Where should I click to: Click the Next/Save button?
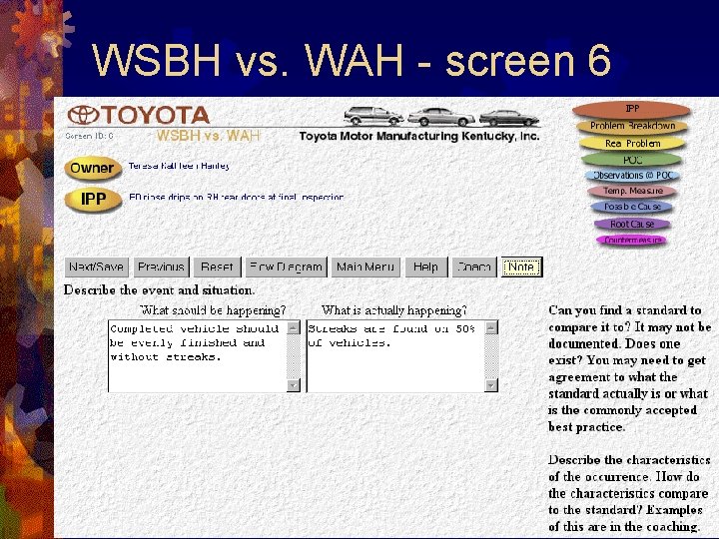click(x=97, y=268)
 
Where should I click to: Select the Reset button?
click(x=217, y=268)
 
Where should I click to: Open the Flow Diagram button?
click(x=286, y=268)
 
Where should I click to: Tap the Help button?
click(x=425, y=268)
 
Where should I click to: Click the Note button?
click(x=520, y=268)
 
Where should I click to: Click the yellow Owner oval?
click(x=92, y=169)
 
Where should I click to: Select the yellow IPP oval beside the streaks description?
click(x=92, y=200)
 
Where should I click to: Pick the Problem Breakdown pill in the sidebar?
click(x=632, y=126)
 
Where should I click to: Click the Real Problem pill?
click(x=632, y=143)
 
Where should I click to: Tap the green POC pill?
click(x=632, y=160)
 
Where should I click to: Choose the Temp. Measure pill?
click(x=632, y=191)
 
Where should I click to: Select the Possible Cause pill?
click(x=632, y=207)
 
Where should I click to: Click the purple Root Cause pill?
click(x=632, y=224)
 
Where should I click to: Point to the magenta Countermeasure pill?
click(x=632, y=241)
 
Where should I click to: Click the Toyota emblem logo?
click(x=82, y=116)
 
